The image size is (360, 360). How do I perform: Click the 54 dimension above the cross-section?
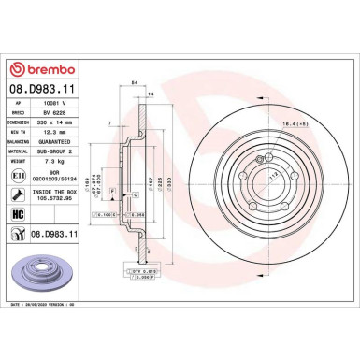point(135,84)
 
